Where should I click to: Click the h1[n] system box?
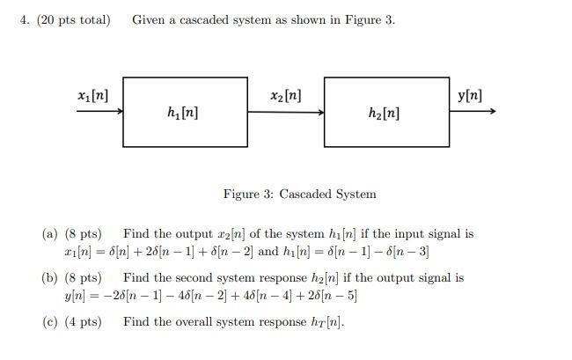point(184,112)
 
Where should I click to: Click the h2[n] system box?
point(386,112)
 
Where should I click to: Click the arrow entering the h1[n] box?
point(99,112)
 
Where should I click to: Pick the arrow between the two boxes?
point(285,112)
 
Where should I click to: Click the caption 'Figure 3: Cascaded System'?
point(299,194)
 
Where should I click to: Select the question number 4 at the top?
point(24,19)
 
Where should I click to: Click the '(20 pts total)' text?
point(74,19)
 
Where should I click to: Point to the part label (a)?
point(50,234)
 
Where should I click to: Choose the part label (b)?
point(50,278)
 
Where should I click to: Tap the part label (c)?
point(50,322)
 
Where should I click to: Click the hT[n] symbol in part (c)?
point(329,322)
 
